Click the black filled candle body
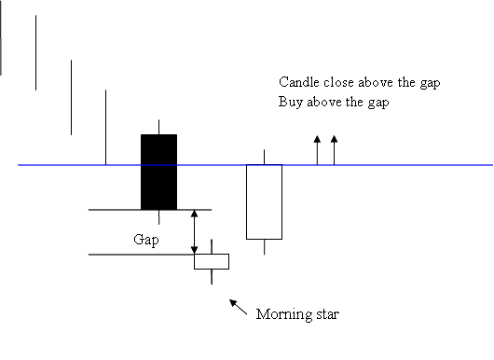158,173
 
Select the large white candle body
264,201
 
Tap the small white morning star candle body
211,261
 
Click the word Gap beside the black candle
144,239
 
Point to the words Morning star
297,314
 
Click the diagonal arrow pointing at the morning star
240,307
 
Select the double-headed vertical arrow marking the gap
194,231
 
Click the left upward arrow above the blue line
317,150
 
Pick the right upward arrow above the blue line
335,150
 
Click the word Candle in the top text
298,82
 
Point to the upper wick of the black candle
158,127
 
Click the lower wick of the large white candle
265,247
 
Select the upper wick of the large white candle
265,157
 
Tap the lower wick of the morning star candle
212,278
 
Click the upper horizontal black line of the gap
121,210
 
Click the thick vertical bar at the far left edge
2,37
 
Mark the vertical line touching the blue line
105,127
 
